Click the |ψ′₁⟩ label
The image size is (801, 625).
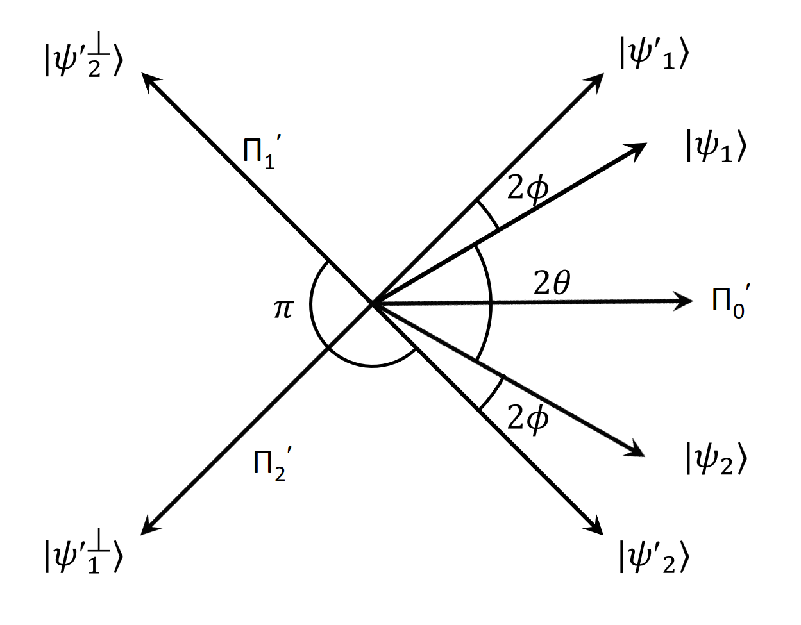coord(653,53)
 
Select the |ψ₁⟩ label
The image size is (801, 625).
coord(716,146)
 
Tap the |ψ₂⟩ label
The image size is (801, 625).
coord(716,458)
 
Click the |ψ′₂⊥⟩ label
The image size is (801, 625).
coord(83,55)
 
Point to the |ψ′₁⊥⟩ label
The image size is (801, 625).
coord(83,551)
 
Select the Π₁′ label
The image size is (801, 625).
coord(262,152)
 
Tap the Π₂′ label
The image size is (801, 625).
coord(273,464)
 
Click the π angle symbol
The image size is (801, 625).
coord(283,308)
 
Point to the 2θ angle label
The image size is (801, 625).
coord(552,283)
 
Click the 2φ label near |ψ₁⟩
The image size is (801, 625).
coord(528,188)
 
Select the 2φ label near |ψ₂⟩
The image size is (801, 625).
coord(528,419)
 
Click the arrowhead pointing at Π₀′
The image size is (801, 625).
coord(684,301)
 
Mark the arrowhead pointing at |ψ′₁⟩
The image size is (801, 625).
coord(594,83)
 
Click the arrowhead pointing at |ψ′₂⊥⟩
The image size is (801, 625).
coord(151,82)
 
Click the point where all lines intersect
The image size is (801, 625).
coord(372,303)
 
